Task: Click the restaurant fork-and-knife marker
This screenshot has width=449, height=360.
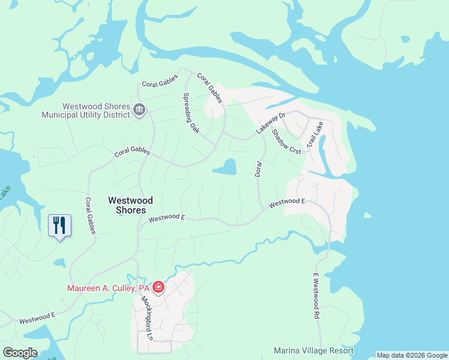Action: (59, 226)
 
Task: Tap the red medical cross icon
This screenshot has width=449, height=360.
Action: (158, 289)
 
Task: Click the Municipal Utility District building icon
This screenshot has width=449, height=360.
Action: (139, 110)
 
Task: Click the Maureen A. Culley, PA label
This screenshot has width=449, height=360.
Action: (107, 289)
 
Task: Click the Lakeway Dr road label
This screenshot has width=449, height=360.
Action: (269, 122)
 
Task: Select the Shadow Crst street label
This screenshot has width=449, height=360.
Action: (286, 142)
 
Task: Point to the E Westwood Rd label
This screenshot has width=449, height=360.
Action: (315, 296)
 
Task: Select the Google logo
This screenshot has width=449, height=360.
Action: (20, 353)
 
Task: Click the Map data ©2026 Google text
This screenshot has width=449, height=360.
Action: (412, 355)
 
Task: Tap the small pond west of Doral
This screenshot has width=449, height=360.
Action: (224, 167)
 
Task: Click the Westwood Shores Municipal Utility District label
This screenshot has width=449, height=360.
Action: (86, 109)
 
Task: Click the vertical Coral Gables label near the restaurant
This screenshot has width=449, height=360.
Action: (90, 215)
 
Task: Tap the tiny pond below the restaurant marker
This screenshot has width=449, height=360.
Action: (60, 263)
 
